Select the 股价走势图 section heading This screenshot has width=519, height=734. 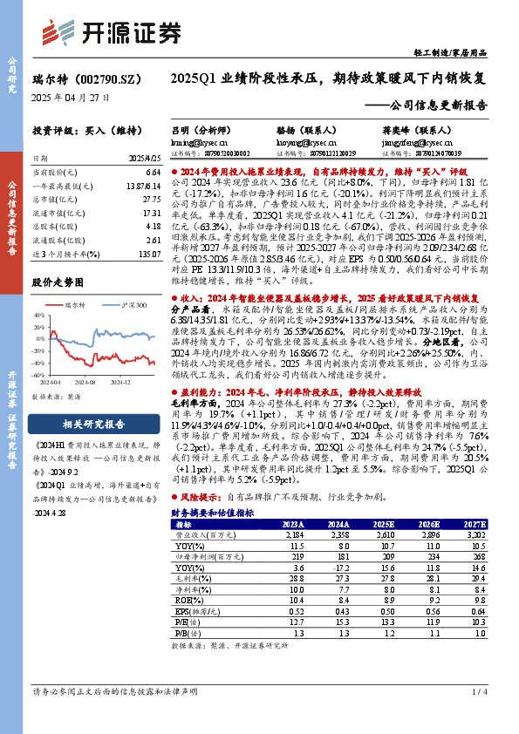(58, 282)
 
